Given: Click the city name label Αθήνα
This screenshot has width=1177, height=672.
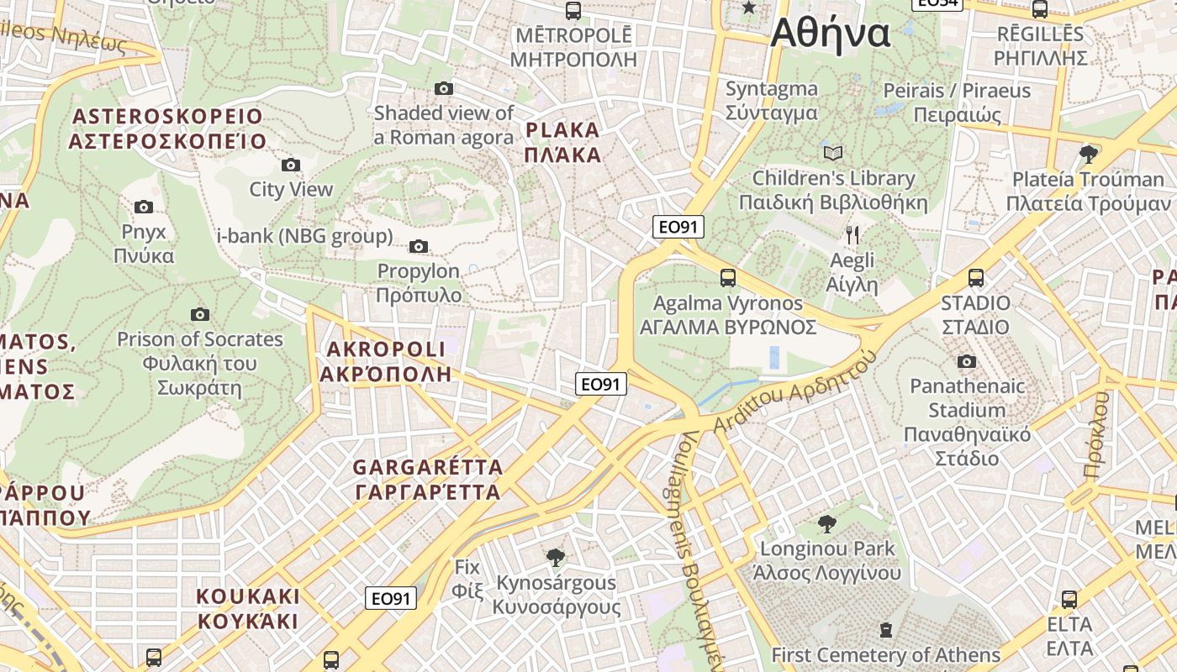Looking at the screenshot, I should (830, 34).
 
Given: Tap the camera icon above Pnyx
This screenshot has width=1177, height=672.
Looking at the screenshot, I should (144, 207).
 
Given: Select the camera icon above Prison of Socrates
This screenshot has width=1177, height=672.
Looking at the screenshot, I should (199, 314).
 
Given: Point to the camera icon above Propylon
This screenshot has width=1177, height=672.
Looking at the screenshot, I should (418, 246).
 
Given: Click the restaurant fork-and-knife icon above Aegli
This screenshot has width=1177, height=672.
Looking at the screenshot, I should (852, 234).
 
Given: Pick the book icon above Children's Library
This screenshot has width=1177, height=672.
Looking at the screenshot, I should (833, 153).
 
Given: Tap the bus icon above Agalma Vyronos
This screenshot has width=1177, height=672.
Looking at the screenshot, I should (728, 277).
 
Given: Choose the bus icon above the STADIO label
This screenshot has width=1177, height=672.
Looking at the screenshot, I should (976, 277).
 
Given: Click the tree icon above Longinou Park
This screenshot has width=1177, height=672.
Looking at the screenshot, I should (827, 524).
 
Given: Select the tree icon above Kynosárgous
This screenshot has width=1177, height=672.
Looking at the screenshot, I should (555, 557).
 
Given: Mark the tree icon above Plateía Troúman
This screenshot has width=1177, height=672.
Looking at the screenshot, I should (1089, 154).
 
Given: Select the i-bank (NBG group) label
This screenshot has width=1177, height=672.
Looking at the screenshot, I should (305, 236).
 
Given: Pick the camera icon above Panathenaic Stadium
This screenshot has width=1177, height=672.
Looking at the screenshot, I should (967, 361).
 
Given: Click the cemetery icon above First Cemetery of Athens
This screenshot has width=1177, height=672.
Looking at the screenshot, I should (885, 629).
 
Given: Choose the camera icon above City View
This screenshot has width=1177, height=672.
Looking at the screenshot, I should (291, 165).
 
